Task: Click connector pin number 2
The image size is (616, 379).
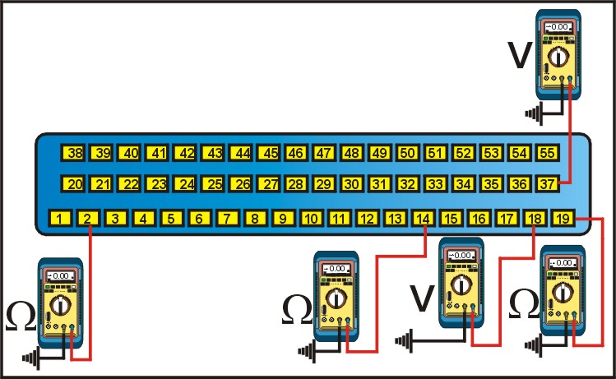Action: point(88,219)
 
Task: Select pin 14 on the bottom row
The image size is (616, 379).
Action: point(423,219)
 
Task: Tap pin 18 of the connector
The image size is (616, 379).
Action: point(535,219)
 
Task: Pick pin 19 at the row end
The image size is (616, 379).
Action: point(563,219)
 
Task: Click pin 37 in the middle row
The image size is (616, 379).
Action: point(549,184)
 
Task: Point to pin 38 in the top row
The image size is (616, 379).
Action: point(75,153)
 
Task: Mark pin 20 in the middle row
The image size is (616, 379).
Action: point(75,184)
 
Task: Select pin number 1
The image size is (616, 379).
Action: point(60,219)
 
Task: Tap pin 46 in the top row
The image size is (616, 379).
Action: point(297,153)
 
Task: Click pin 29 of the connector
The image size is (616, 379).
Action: point(325,184)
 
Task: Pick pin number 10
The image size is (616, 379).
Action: point(311,219)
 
